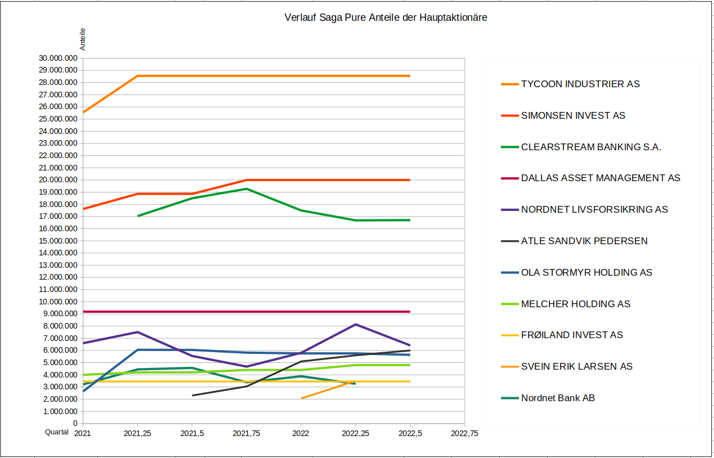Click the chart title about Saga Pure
click(x=386, y=17)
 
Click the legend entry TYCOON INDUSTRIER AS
click(x=580, y=84)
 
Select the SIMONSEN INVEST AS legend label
click(x=573, y=115)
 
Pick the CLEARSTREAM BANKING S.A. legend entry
click(x=591, y=147)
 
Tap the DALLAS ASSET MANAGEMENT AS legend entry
click(x=600, y=178)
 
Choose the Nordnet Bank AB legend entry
click(x=558, y=398)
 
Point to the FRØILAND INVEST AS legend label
click(x=572, y=335)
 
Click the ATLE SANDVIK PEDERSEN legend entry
click(x=584, y=241)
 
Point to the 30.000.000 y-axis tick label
click(x=58, y=58)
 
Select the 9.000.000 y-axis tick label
click(x=60, y=314)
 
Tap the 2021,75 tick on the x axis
click(x=246, y=433)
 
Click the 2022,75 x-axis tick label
click(x=464, y=433)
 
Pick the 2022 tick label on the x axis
click(x=301, y=433)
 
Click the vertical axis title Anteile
click(x=83, y=40)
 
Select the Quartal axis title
click(x=57, y=432)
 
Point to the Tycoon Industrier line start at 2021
click(x=83, y=113)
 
